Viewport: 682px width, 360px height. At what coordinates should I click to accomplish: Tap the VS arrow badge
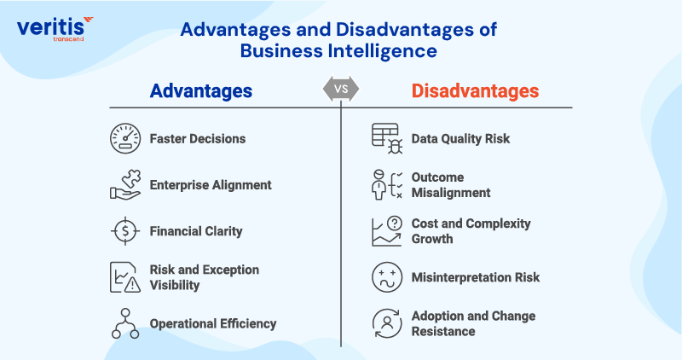click(340, 89)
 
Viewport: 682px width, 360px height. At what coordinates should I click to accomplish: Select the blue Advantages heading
click(201, 90)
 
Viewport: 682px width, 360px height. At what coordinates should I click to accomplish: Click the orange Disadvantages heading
click(475, 90)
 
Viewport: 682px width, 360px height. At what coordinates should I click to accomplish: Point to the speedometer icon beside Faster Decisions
click(125, 139)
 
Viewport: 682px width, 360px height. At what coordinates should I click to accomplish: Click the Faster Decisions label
click(198, 139)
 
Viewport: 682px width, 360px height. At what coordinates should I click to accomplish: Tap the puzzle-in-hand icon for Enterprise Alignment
click(125, 184)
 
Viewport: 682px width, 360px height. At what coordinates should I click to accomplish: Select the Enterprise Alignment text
click(211, 184)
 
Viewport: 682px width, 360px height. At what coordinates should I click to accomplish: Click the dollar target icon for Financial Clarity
click(125, 230)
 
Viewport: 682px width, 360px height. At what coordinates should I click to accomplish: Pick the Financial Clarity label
click(196, 230)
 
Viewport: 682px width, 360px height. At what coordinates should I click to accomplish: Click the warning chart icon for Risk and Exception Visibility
click(125, 277)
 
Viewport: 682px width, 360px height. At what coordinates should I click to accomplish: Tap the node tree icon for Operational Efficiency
click(125, 323)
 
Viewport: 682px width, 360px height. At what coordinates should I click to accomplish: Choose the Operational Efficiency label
click(213, 323)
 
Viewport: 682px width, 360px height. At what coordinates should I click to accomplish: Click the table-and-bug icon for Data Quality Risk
click(387, 139)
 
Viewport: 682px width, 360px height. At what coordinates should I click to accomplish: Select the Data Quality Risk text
click(460, 139)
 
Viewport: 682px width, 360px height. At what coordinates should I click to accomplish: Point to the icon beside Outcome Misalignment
click(387, 184)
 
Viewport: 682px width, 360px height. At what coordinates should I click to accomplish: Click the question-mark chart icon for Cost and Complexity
click(387, 231)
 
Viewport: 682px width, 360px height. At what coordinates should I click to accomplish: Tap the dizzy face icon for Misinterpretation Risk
click(387, 277)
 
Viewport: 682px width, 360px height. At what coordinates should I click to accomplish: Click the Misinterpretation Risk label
click(476, 277)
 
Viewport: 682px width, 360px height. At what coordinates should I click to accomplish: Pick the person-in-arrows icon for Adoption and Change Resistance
click(387, 323)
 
